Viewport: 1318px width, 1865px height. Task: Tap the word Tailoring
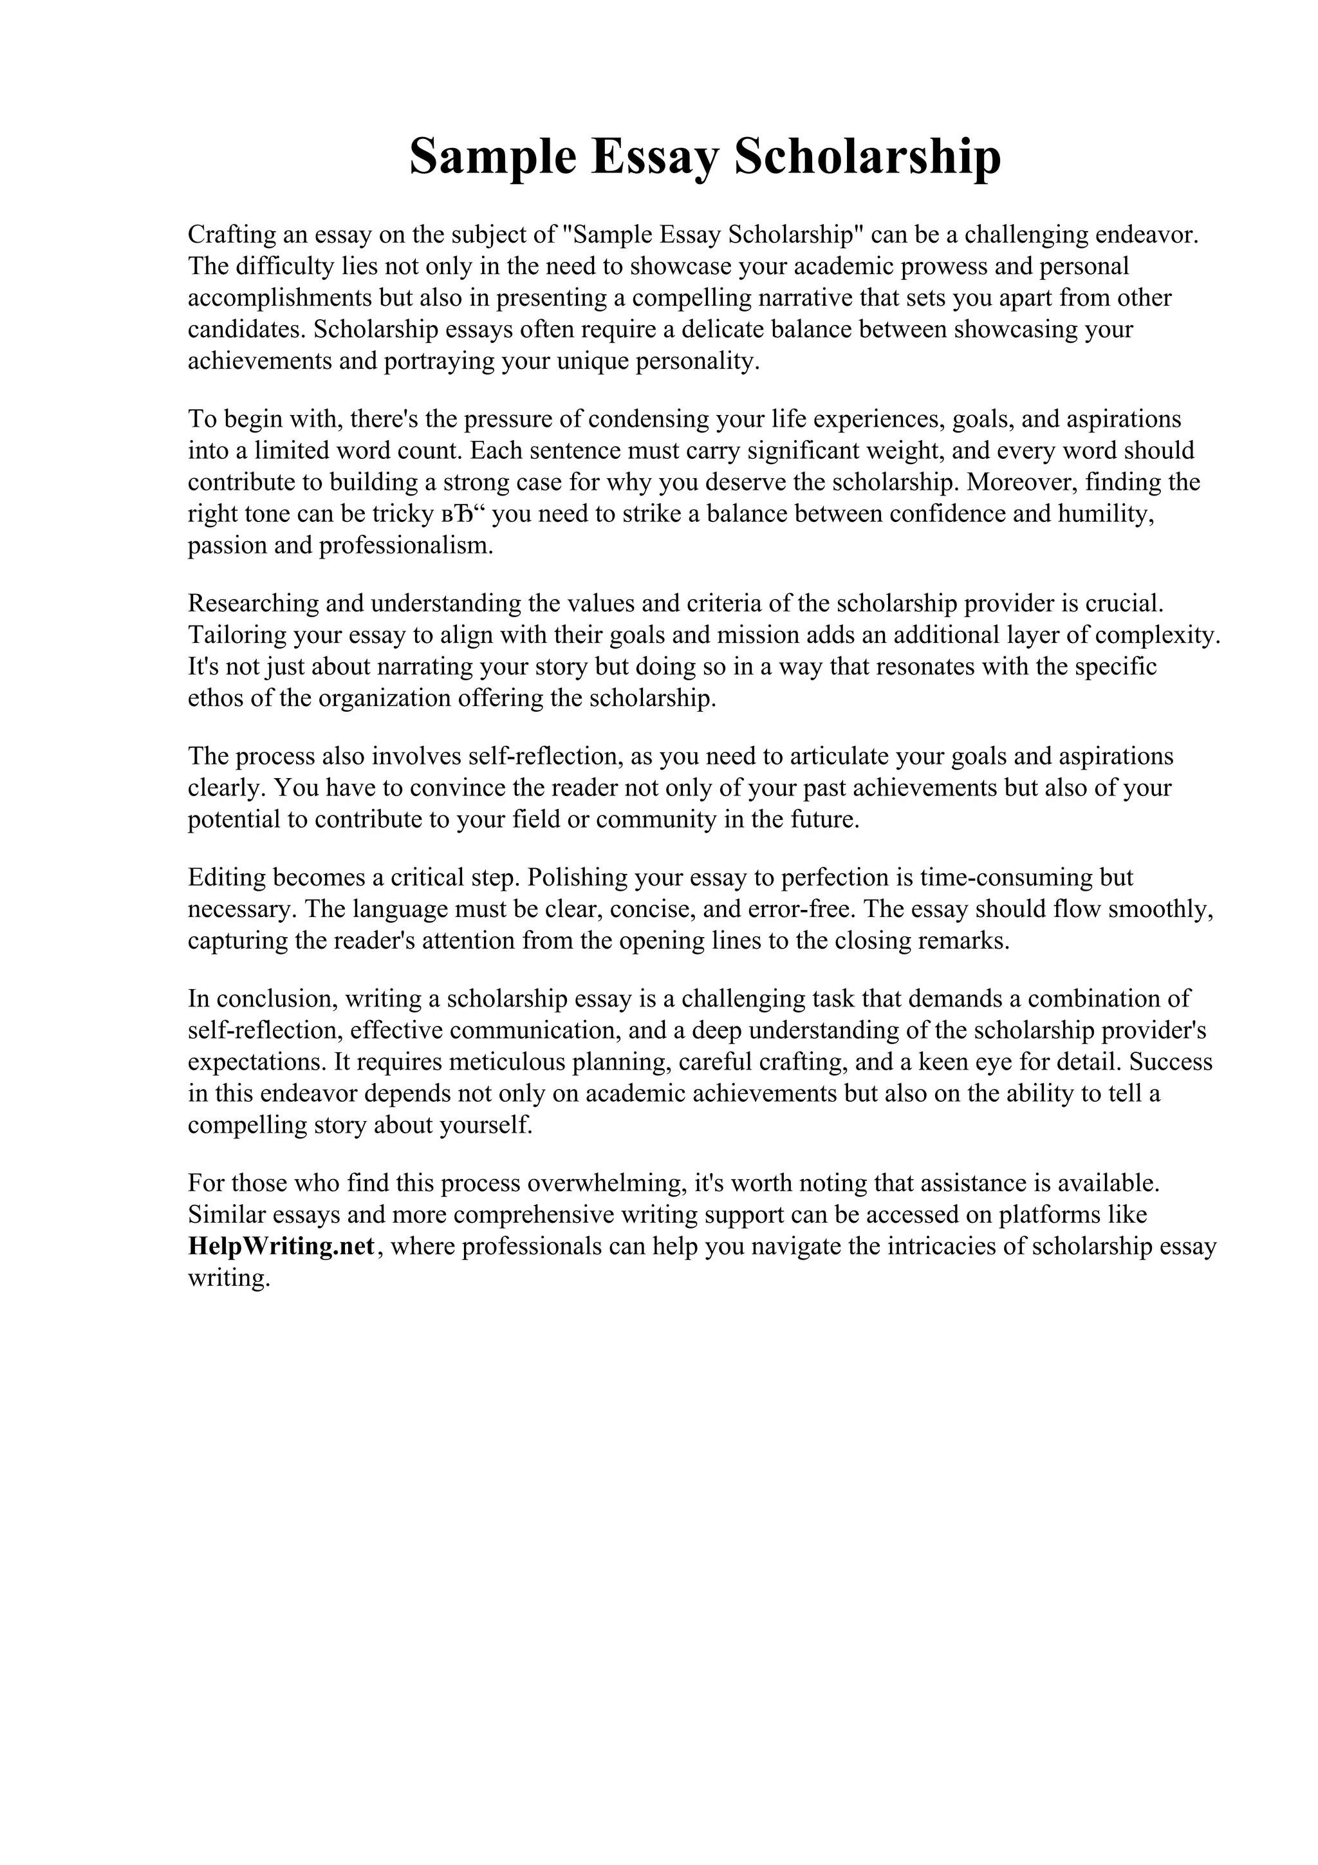(x=236, y=635)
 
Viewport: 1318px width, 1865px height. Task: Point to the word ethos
(x=215, y=698)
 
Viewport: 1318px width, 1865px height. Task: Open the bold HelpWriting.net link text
(x=281, y=1247)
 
